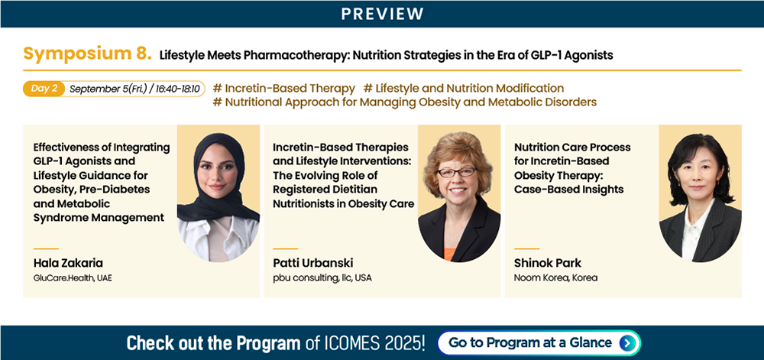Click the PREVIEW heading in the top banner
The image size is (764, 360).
click(x=382, y=14)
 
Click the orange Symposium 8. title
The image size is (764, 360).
click(x=88, y=54)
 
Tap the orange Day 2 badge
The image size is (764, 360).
click(x=44, y=89)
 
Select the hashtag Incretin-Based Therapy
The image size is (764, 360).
click(x=284, y=88)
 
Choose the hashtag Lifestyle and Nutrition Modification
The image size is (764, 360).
click(x=464, y=88)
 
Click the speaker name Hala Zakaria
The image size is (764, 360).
click(x=68, y=263)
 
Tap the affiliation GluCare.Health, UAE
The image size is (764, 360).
click(x=73, y=279)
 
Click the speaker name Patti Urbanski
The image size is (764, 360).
click(x=312, y=263)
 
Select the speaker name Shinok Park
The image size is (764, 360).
click(x=548, y=263)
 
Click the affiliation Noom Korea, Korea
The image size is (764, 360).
click(x=556, y=279)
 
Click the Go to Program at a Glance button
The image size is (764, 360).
click(x=539, y=343)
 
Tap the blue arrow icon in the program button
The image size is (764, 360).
click(x=626, y=343)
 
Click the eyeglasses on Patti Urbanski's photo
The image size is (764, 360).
click(x=457, y=172)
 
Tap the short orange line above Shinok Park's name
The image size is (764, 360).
click(x=526, y=248)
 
